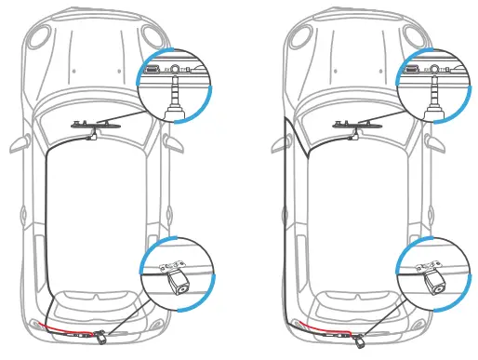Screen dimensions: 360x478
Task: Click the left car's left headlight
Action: pyautogui.click(x=38, y=38)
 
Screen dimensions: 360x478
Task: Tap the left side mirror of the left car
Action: pyautogui.click(x=18, y=146)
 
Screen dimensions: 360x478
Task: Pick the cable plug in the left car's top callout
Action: pyautogui.click(x=173, y=102)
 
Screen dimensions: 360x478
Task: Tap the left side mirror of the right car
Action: pyautogui.click(x=277, y=146)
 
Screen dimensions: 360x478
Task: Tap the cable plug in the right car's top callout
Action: pyautogui.click(x=432, y=102)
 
